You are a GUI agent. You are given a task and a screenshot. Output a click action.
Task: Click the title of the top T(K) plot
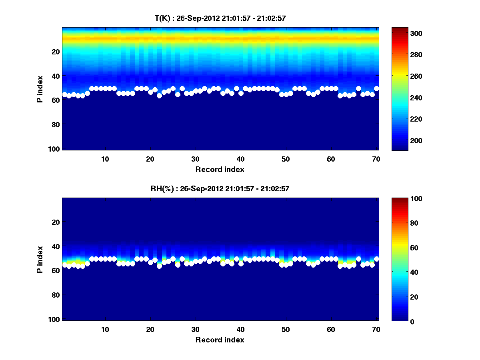[x=220, y=18]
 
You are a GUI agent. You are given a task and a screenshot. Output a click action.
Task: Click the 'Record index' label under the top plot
[x=220, y=169]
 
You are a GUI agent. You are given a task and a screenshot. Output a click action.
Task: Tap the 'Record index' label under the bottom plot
[x=220, y=340]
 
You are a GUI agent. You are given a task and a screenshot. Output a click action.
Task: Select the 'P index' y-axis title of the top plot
[x=40, y=89]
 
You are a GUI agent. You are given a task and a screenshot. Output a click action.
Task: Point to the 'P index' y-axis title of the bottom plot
[x=40, y=259]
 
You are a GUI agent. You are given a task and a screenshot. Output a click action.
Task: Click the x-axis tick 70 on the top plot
[x=376, y=158]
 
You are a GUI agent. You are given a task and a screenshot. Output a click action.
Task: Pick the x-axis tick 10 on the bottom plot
[x=105, y=329]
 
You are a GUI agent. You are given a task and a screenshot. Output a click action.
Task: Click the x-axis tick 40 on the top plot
[x=241, y=158]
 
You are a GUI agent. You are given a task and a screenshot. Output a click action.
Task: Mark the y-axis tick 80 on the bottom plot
[x=56, y=295]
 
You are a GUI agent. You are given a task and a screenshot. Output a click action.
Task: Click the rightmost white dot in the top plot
[x=376, y=88]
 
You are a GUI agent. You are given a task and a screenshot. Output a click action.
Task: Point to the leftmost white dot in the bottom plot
[x=64, y=265]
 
